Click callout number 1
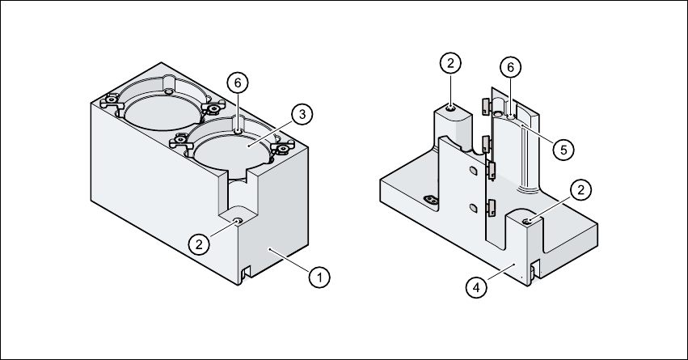click(x=320, y=277)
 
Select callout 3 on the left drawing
click(x=301, y=114)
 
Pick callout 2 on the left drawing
click(x=196, y=242)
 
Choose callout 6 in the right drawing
click(x=510, y=68)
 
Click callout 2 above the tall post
click(x=451, y=62)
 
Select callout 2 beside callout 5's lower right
click(x=579, y=190)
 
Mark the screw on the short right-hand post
click(x=527, y=220)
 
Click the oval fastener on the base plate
click(x=430, y=200)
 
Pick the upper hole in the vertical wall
click(x=471, y=172)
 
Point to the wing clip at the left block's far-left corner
click(x=108, y=103)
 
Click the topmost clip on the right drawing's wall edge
click(x=485, y=106)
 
